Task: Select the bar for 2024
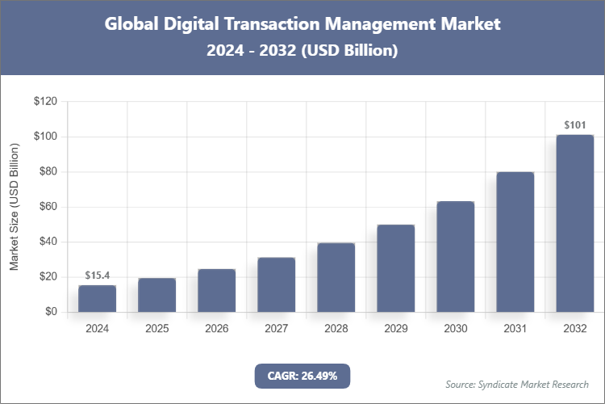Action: point(97,298)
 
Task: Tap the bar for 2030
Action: point(455,256)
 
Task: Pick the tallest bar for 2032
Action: point(574,223)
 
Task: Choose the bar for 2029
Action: point(395,268)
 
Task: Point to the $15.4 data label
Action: point(97,276)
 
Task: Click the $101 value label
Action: point(574,125)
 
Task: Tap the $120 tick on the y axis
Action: point(45,102)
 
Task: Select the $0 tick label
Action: point(51,312)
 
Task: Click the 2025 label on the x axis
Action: point(156,329)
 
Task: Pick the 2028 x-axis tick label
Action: point(336,329)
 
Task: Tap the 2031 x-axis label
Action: point(515,329)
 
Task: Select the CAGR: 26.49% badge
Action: point(302,376)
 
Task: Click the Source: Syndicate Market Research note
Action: point(516,384)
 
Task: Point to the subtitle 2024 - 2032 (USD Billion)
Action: point(302,50)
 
